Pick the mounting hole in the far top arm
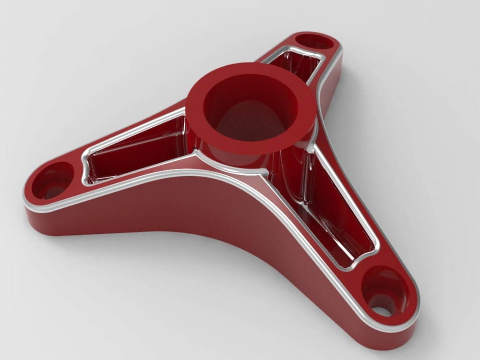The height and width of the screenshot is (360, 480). coord(314,42)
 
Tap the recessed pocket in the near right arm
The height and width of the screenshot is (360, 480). coord(336,211)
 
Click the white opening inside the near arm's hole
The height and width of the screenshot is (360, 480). coord(382,311)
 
